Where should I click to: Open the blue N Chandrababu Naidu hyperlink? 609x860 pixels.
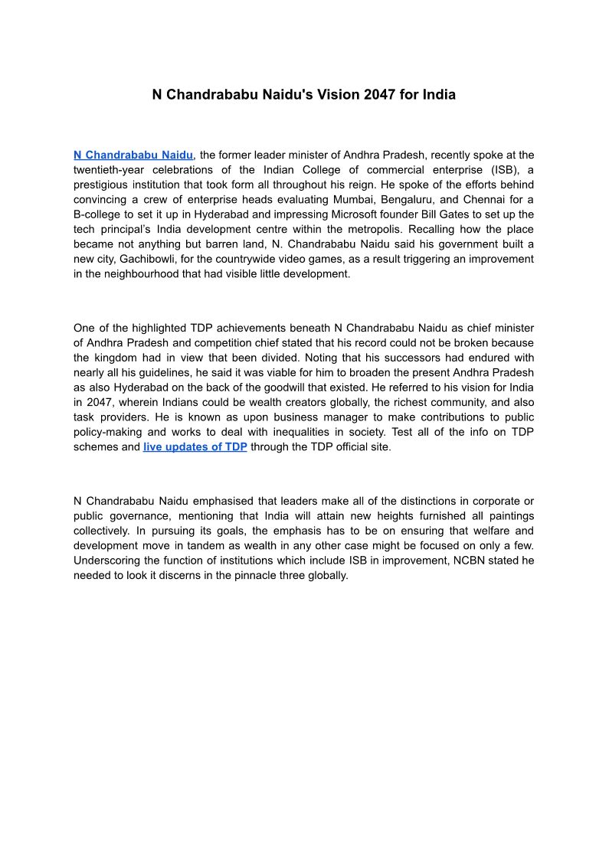[133, 155]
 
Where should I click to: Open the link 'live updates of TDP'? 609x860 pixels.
[195, 446]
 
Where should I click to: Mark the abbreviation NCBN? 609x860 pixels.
[437, 561]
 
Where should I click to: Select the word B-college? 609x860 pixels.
[99, 214]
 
